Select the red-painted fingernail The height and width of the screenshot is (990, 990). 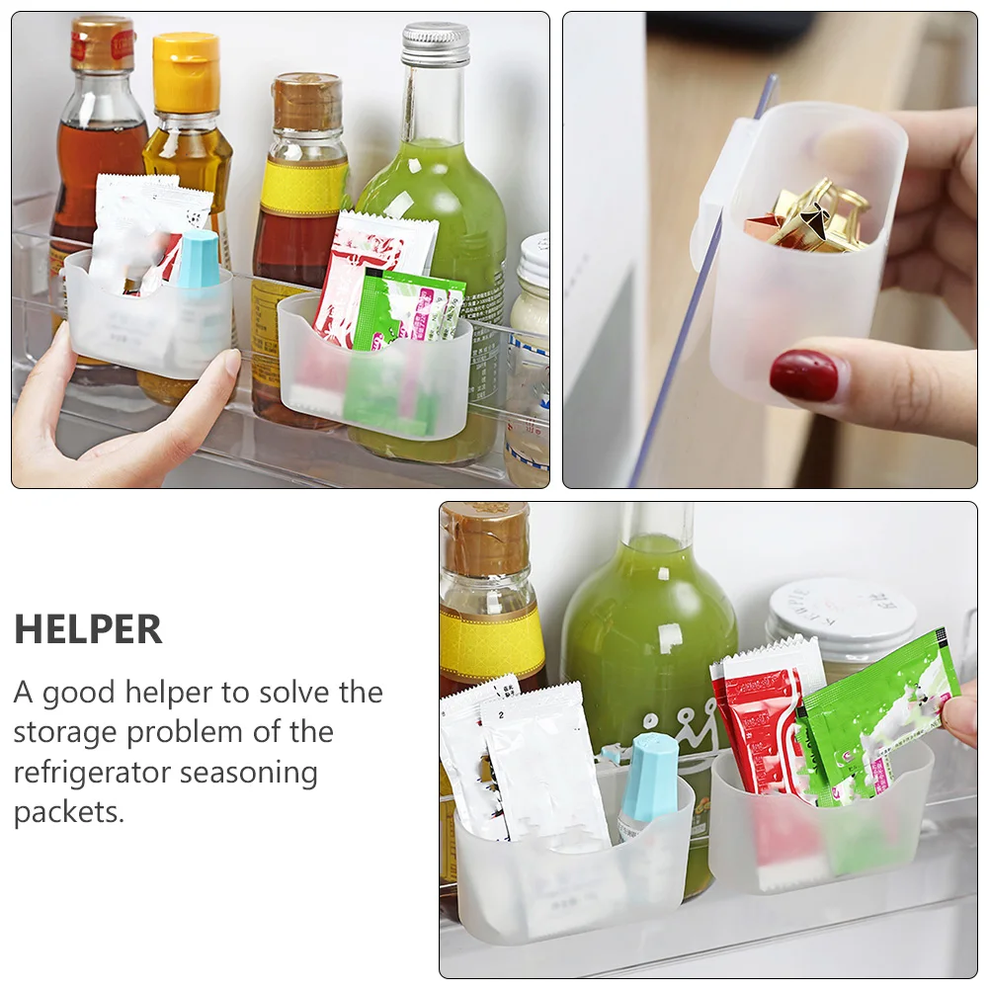(x=804, y=375)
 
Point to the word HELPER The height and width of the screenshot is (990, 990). (x=88, y=630)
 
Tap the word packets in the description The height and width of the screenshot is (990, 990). (x=69, y=812)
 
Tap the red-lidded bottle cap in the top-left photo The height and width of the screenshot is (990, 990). (x=102, y=43)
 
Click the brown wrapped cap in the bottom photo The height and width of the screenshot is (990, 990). (x=484, y=539)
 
